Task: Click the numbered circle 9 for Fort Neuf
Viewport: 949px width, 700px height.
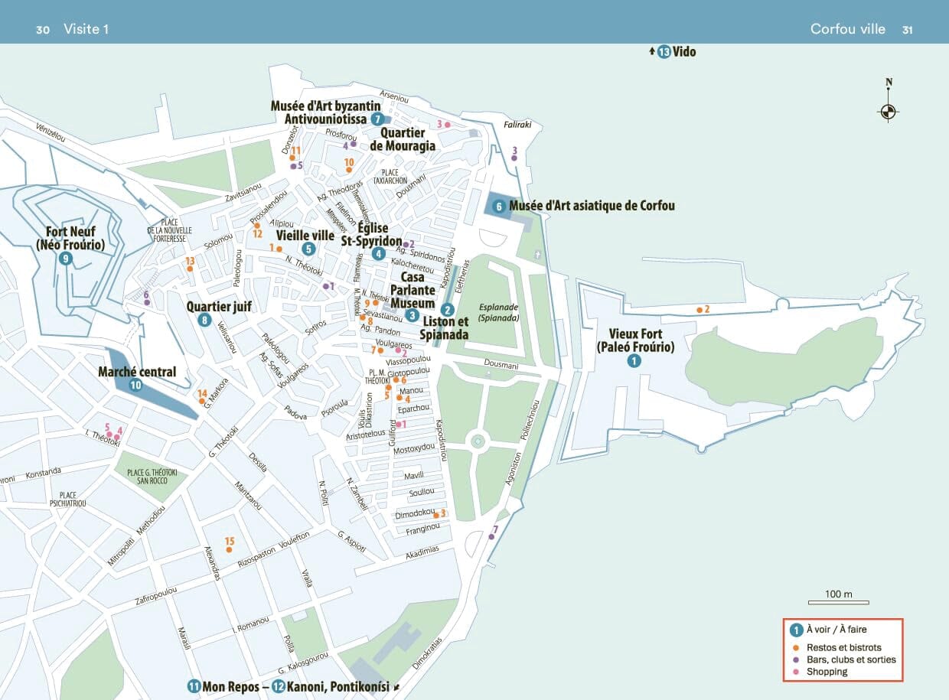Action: click(67, 259)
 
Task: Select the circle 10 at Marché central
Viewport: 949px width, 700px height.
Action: click(135, 386)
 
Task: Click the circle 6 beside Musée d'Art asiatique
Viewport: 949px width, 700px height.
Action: click(498, 206)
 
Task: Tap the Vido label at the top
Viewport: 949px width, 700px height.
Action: click(684, 52)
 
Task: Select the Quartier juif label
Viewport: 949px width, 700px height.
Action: click(219, 307)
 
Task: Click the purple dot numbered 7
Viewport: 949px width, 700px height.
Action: click(491, 537)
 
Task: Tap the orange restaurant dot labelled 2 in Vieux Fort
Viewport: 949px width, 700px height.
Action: click(700, 310)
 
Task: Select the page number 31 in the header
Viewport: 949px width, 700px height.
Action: click(907, 29)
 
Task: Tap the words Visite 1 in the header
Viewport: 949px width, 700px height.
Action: click(86, 29)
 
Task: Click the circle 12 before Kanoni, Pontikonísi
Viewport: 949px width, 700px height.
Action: click(279, 686)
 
